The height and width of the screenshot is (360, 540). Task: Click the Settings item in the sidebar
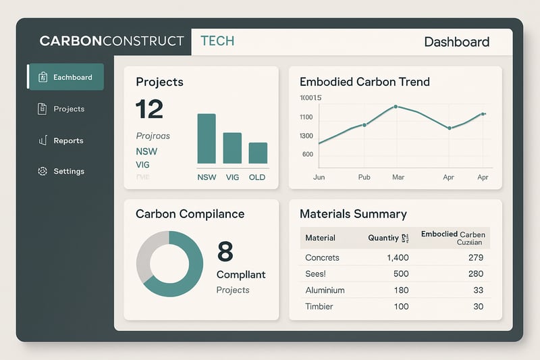click(68, 172)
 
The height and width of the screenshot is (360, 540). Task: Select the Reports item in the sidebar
click(68, 140)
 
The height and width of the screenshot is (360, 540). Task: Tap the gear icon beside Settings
click(42, 172)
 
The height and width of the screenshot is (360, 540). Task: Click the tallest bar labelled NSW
click(207, 138)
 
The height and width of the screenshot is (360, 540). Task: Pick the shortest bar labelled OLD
click(258, 153)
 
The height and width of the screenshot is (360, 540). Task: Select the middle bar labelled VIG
click(232, 148)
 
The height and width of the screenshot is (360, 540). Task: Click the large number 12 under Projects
click(150, 109)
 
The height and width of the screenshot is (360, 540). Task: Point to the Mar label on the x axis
click(398, 177)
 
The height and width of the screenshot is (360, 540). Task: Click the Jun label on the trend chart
click(319, 177)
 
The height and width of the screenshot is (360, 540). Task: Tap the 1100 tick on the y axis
click(306, 117)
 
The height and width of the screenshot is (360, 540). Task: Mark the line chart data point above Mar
click(396, 107)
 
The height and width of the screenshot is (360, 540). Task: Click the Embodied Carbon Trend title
click(364, 82)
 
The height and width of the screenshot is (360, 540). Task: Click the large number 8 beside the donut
click(225, 251)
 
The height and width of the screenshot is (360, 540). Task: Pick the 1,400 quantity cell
click(398, 257)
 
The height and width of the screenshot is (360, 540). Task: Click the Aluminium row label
click(325, 290)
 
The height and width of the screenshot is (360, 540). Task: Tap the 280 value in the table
click(475, 274)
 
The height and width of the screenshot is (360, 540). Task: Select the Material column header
click(320, 238)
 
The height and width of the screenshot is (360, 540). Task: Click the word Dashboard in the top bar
click(456, 42)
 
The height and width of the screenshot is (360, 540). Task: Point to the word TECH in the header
click(217, 41)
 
